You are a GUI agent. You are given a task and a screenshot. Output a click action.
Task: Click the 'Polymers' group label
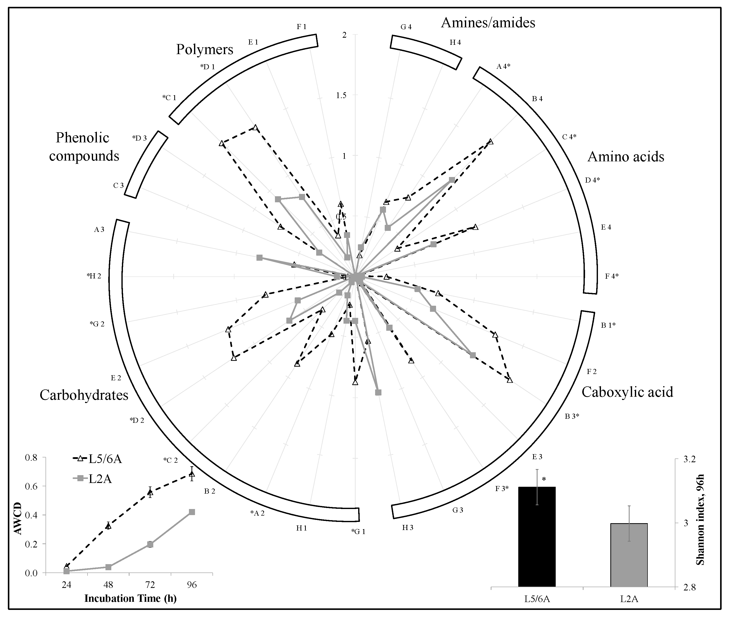click(x=204, y=49)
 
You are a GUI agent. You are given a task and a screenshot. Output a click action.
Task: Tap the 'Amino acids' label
click(x=626, y=157)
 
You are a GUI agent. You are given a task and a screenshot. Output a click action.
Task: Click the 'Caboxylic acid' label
click(x=627, y=392)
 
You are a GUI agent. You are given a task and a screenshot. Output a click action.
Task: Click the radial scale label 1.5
click(x=341, y=95)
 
